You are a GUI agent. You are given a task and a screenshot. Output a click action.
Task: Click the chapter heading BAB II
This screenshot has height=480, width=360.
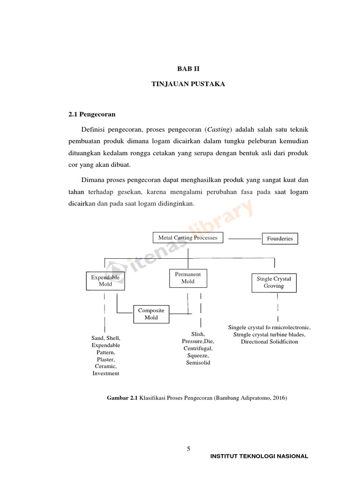click(x=188, y=68)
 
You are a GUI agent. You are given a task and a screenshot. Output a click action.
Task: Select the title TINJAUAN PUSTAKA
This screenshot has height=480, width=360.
click(x=188, y=84)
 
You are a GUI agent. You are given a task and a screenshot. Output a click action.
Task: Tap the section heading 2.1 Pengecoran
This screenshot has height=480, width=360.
click(x=92, y=114)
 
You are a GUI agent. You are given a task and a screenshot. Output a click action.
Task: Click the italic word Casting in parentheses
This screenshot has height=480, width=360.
click(x=219, y=129)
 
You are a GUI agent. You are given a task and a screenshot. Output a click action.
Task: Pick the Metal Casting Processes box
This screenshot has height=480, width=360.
click(x=188, y=238)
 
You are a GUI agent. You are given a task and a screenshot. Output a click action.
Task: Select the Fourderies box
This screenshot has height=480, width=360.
click(x=280, y=239)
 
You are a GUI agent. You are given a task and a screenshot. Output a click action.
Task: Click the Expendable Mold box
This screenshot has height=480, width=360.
click(x=105, y=280)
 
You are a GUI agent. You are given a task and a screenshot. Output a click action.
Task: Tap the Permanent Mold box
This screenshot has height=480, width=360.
click(x=188, y=278)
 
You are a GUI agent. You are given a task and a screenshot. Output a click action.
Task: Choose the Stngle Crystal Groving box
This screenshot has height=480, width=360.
click(x=274, y=282)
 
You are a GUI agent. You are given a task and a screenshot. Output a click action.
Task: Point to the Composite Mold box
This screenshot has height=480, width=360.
click(x=151, y=314)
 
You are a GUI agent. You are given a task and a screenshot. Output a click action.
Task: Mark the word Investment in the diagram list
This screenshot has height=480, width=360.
click(x=106, y=373)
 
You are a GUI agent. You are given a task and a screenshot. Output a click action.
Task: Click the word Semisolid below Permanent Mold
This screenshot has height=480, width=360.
click(x=198, y=363)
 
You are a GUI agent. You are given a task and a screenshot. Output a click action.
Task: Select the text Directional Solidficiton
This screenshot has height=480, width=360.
click(x=270, y=342)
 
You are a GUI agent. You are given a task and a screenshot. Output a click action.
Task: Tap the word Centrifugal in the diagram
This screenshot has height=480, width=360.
click(x=198, y=349)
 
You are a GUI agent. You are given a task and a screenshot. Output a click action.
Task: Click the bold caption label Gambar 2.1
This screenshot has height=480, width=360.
click(x=123, y=398)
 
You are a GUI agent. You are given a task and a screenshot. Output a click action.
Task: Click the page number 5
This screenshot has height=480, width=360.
click(x=188, y=449)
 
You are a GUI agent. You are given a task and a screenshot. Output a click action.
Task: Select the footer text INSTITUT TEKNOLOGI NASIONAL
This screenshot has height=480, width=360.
click(x=260, y=456)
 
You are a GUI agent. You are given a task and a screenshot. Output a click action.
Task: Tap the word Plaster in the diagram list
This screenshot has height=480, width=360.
click(x=106, y=359)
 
